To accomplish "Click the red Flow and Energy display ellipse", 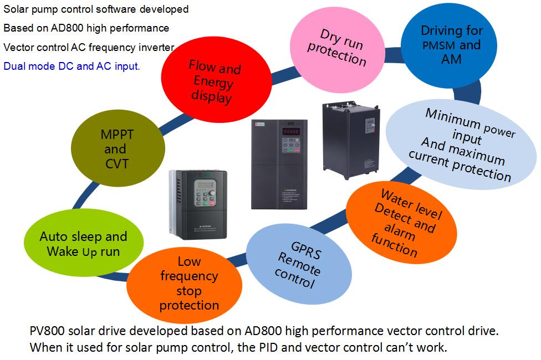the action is [x=216, y=80].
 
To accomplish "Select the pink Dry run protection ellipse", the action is [x=337, y=50].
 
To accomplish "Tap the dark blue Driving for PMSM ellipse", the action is [x=449, y=45].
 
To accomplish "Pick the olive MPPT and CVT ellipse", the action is [x=118, y=148].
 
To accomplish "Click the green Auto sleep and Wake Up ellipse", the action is [x=84, y=243].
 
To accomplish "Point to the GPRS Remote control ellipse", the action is [x=299, y=264].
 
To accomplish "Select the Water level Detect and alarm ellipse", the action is [x=401, y=223].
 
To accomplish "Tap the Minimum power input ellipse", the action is [x=461, y=144].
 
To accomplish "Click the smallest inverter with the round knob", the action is [x=198, y=204].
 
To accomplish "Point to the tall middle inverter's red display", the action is [x=291, y=131].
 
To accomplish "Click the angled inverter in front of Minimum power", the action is [x=351, y=140].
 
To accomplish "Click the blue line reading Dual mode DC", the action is [x=72, y=66].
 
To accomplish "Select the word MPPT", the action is [x=117, y=135].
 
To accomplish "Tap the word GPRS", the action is [x=306, y=250].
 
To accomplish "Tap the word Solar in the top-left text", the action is [x=16, y=9].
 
